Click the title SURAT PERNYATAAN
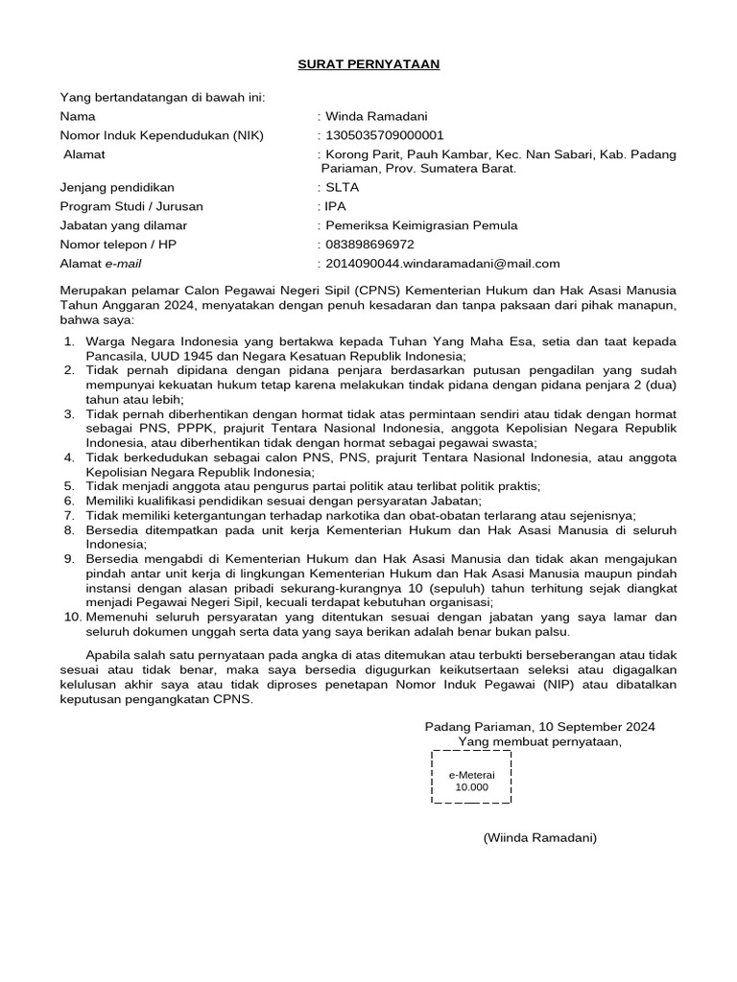(367, 64)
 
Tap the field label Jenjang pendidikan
(118, 188)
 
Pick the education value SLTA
(343, 188)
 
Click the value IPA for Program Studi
(337, 206)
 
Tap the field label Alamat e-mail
(101, 264)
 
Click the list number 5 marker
(69, 487)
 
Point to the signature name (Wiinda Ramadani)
(539, 837)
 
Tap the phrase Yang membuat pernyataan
(539, 741)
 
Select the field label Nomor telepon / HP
(119, 245)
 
